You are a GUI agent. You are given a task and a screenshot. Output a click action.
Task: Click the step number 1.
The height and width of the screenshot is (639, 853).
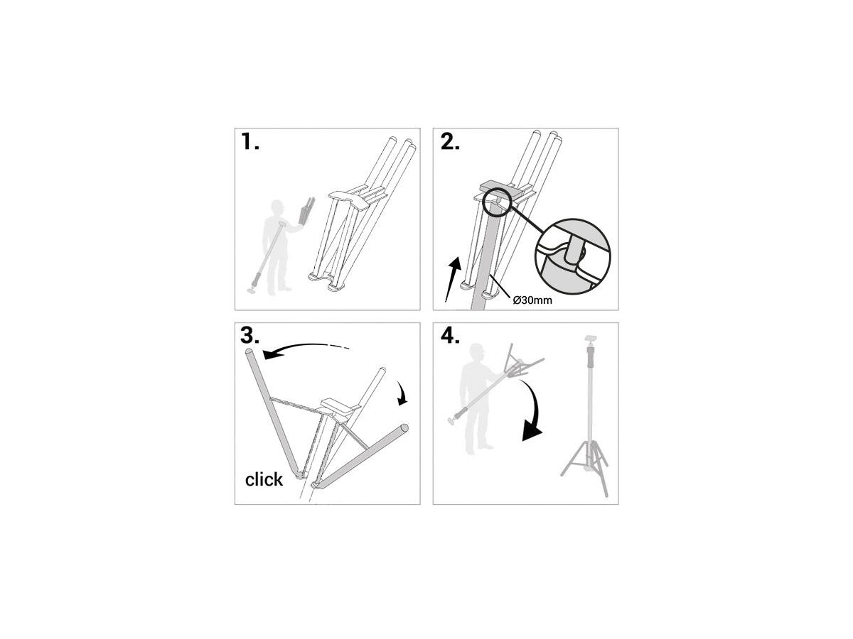point(250,142)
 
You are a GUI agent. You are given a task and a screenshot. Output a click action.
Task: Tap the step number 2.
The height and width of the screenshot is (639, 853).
point(450,142)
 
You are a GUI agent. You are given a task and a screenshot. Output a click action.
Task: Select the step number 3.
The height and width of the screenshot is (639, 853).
point(251,337)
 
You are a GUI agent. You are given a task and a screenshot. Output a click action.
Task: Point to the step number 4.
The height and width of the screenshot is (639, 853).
point(450,337)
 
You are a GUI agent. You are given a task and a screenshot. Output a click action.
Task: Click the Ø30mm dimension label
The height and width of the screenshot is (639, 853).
point(532,300)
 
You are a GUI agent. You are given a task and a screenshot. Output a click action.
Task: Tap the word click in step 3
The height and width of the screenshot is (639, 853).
point(264,480)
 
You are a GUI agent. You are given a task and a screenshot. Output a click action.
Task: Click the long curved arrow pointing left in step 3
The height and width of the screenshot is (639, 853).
point(302,349)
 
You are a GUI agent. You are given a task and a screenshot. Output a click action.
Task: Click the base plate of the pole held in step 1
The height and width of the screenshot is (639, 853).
point(252,289)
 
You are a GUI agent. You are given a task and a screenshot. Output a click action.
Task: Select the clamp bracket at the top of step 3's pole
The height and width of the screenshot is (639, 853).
point(338,406)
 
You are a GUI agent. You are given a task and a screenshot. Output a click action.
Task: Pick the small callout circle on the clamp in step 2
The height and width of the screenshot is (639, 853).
point(498,203)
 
